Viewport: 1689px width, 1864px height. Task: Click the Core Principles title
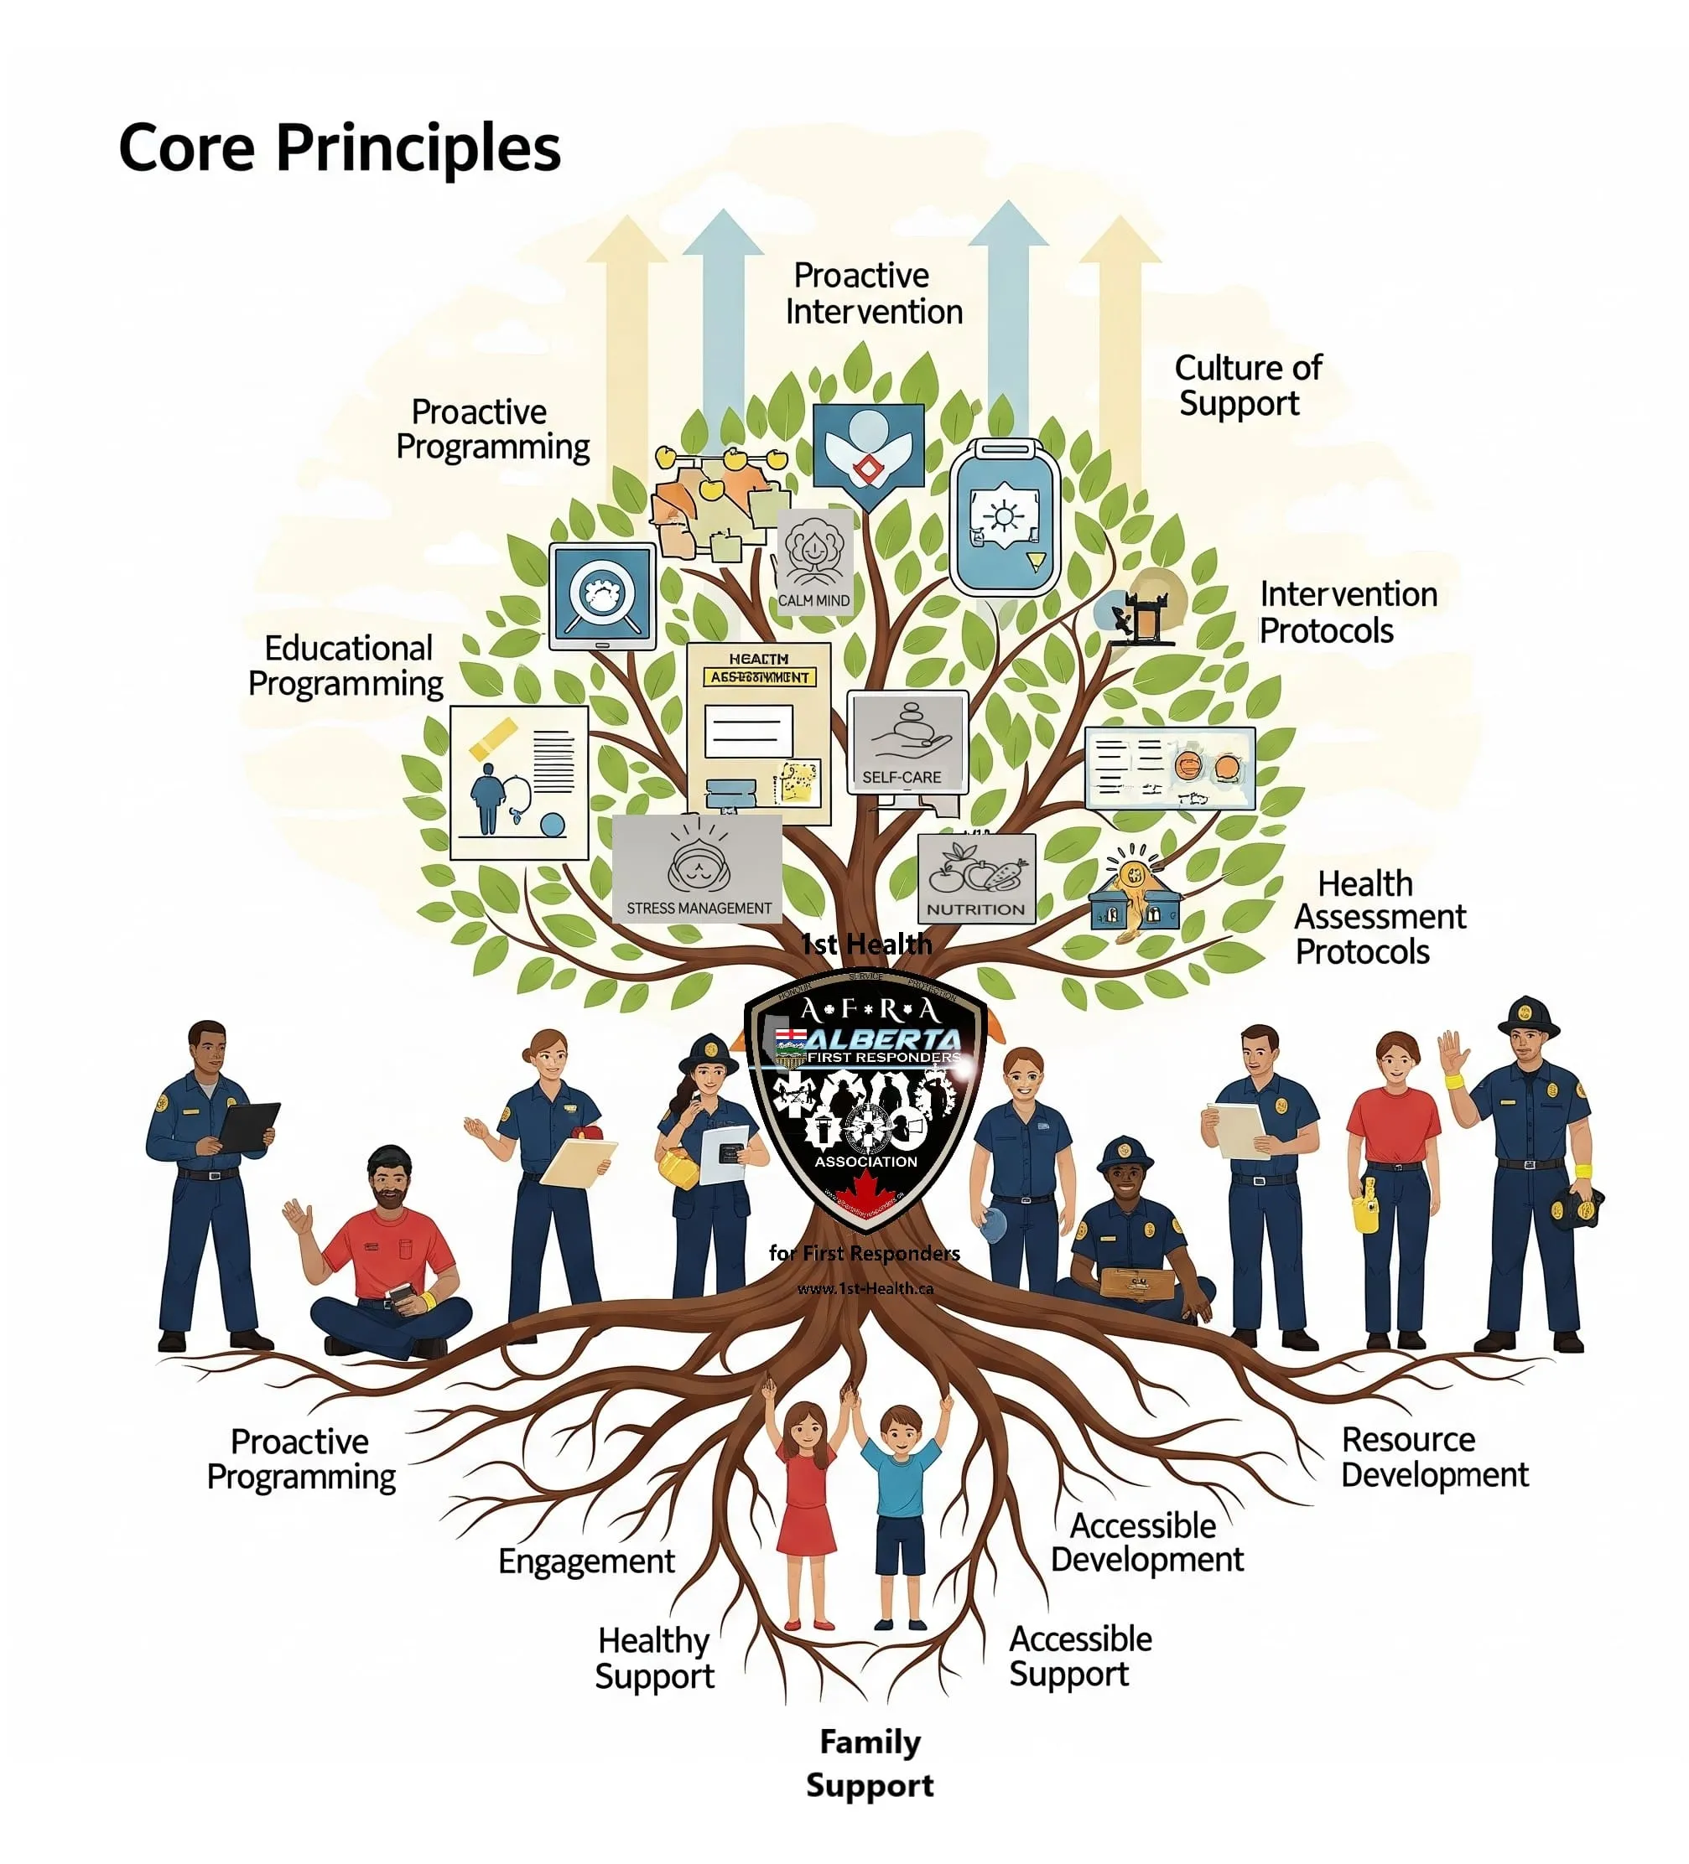(x=339, y=148)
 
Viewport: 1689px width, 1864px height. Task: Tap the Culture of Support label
(x=1247, y=385)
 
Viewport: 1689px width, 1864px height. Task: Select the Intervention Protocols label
(x=1347, y=611)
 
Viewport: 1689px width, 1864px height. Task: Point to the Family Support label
(x=869, y=1763)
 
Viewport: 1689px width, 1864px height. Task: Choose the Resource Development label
(x=1432, y=1457)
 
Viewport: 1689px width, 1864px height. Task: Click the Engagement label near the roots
(x=585, y=1561)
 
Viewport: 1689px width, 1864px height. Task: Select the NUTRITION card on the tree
(x=975, y=878)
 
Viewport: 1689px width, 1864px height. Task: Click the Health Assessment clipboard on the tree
(x=757, y=731)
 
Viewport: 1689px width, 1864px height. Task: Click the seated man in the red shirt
(x=388, y=1257)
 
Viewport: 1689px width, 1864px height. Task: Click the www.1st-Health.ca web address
(x=864, y=1288)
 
